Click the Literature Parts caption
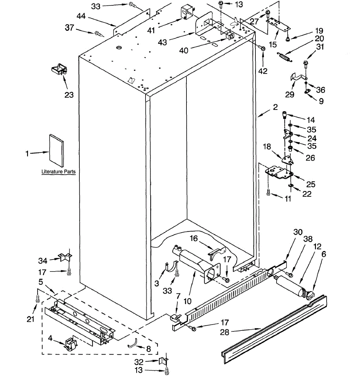[59, 172]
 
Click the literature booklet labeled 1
[56, 151]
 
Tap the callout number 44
[81, 16]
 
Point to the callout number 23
[69, 94]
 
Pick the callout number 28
[225, 332]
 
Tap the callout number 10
[187, 301]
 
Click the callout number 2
[275, 107]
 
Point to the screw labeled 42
[262, 48]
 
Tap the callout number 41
[151, 30]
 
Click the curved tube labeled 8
[133, 343]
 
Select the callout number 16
[194, 238]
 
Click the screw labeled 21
[38, 298]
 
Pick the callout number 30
[298, 232]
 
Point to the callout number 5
[41, 281]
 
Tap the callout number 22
[307, 194]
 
